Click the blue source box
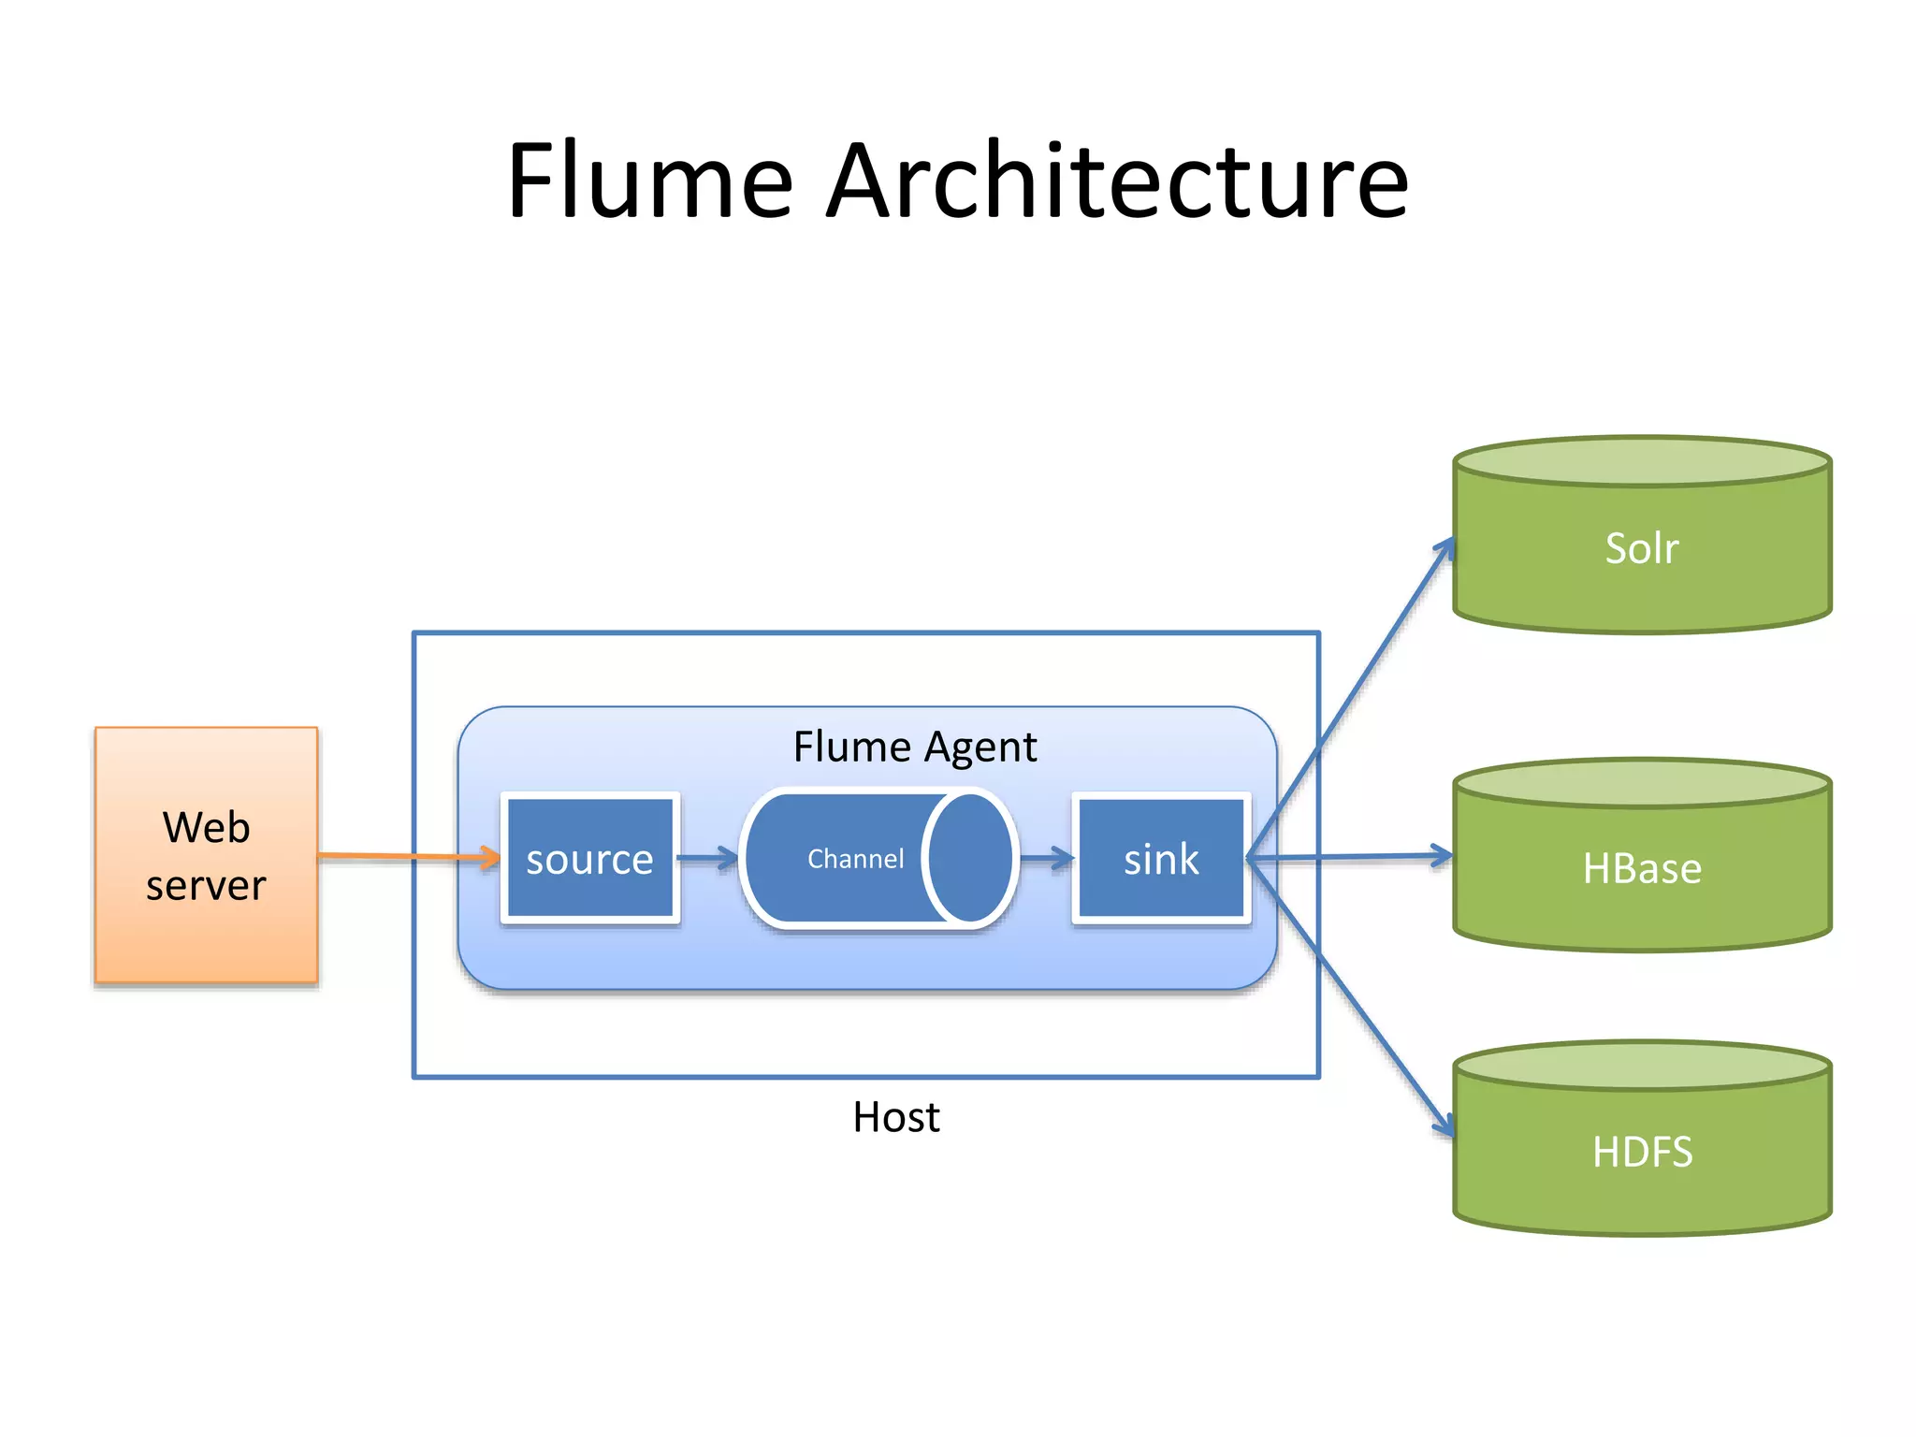(589, 859)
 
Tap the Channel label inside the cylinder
(855, 859)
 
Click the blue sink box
(1161, 859)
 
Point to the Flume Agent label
(914, 747)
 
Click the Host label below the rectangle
(895, 1117)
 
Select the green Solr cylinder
(1642, 552)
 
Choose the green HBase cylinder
(1642, 870)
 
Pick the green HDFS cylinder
(1642, 1153)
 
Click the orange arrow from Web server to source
(402, 856)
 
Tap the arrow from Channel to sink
(1046, 858)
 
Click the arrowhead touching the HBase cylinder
(1441, 855)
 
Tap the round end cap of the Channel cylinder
(969, 858)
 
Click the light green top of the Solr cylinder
(1642, 461)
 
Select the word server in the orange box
(206, 885)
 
